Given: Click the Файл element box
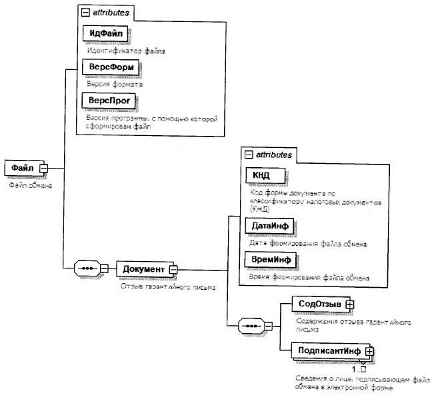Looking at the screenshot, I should pos(21,169).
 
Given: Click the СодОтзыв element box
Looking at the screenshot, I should pos(319,304).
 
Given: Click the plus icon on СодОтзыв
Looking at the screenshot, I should pos(349,305).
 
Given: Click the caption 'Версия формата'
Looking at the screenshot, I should pos(109,83).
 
